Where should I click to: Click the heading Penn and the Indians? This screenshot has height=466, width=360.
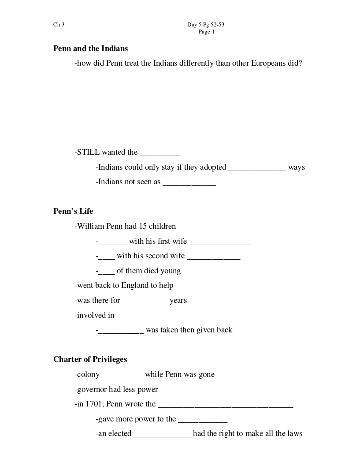tap(90, 48)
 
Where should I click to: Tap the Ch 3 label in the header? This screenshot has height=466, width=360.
tap(59, 25)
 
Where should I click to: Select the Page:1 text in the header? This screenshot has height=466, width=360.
tap(206, 32)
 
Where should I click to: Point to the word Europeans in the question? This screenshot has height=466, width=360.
tap(268, 63)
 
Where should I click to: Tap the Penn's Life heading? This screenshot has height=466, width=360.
tap(73, 211)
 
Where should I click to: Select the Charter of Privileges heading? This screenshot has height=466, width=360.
tap(90, 359)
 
